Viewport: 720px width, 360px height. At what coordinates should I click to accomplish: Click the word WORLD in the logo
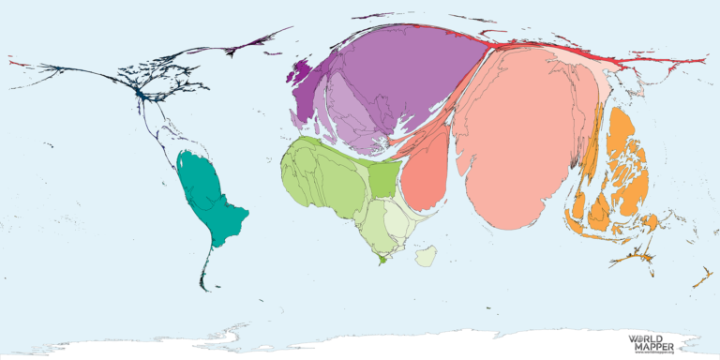coord(647,337)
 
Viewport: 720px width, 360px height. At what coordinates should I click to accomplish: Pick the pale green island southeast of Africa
coord(426,255)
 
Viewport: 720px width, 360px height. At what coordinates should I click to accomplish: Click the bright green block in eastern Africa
coord(382,180)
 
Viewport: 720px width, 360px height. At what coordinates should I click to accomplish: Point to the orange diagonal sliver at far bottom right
coord(701,278)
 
